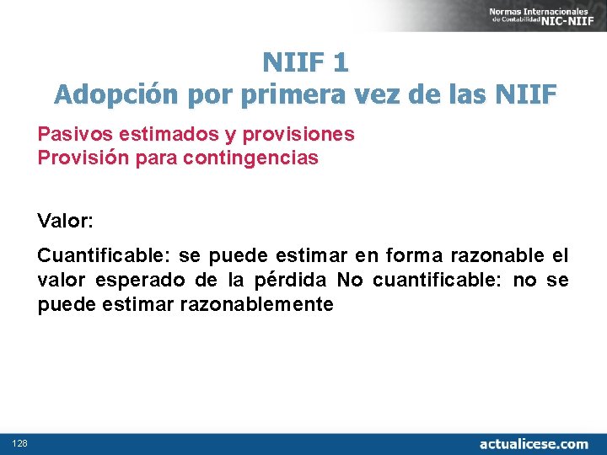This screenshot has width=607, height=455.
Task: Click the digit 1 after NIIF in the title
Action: tap(341, 62)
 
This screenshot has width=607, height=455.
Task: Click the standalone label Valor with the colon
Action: tap(66, 222)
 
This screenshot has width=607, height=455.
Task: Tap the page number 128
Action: tap(19, 443)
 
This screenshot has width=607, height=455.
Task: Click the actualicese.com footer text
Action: tap(534, 443)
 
